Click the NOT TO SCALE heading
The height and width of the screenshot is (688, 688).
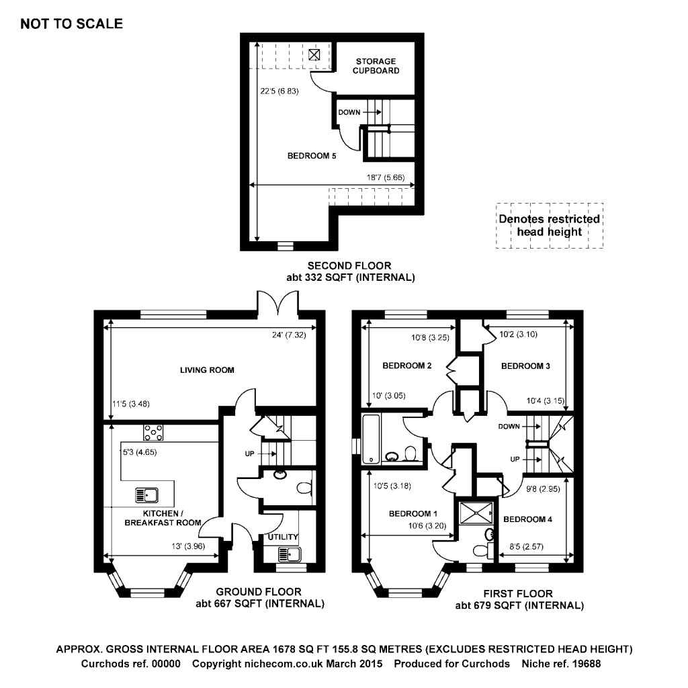[x=72, y=24]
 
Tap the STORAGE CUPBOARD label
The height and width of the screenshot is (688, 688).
[x=376, y=66]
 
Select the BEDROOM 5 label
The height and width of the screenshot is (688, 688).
[x=311, y=156]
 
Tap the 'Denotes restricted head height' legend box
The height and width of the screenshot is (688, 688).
[x=549, y=226]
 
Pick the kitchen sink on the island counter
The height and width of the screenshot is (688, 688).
[x=146, y=496]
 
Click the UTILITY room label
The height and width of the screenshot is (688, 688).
[x=282, y=537]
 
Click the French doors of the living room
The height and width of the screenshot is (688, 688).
[x=278, y=302]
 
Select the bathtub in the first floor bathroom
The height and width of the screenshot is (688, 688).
[x=370, y=439]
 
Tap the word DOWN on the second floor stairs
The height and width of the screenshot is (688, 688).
[x=349, y=112]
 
